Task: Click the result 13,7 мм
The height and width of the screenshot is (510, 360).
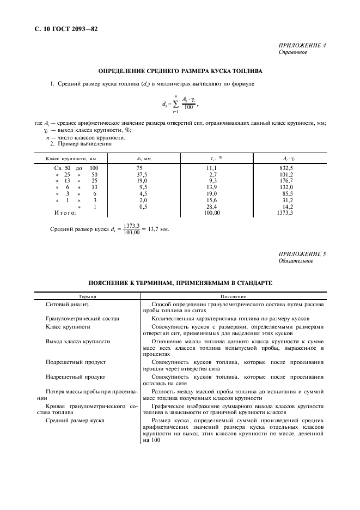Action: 158,229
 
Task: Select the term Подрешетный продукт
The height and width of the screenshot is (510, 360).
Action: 76,361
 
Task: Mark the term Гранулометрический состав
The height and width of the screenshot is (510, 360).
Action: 82,318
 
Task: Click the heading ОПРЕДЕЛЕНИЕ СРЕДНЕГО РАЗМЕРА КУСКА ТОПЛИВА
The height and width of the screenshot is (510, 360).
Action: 180,71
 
